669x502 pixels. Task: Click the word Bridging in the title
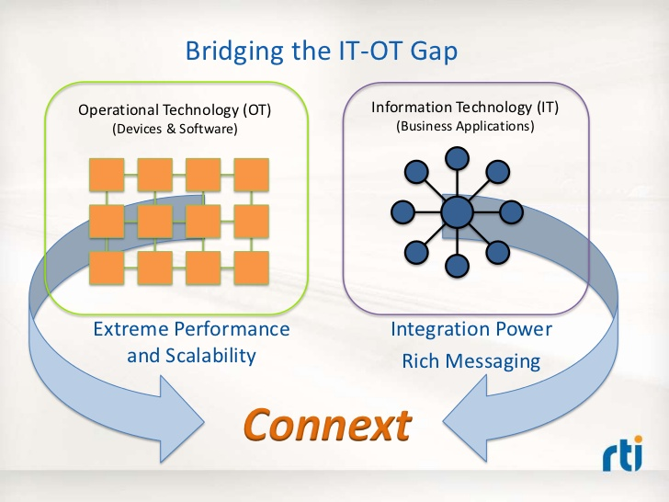234,52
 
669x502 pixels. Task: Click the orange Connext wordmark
327,425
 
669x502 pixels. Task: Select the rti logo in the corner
622,452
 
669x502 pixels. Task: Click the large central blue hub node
457,212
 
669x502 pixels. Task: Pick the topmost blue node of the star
457,158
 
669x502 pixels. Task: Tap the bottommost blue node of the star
457,266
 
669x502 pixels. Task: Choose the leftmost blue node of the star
403,212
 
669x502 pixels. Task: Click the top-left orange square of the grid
107,175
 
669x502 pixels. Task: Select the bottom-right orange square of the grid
251,268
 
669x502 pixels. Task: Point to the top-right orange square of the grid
251,175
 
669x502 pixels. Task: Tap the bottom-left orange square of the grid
107,268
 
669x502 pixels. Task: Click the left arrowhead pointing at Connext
181,419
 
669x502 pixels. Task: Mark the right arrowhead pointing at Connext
465,418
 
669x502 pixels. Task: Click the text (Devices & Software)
175,129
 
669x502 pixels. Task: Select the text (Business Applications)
465,126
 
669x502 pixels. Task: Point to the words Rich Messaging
471,361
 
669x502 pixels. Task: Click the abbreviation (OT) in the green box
257,110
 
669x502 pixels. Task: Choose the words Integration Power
471,329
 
